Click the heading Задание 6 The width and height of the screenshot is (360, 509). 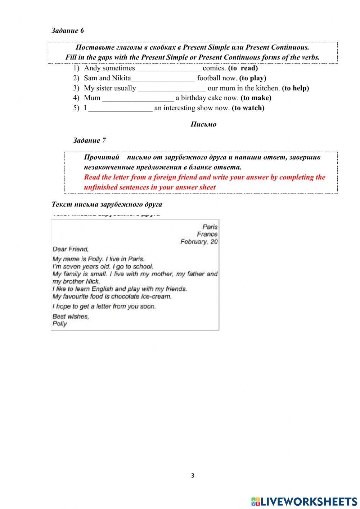coord(68,31)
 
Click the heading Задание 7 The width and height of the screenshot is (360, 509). coord(89,140)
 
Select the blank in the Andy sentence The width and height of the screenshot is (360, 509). coord(168,68)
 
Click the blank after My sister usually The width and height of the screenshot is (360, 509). coord(172,88)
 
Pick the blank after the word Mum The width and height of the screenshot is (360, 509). coord(138,98)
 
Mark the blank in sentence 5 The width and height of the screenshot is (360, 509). coord(120,108)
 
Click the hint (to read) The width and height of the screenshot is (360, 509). coord(243,68)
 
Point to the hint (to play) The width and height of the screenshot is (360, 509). coord(253,78)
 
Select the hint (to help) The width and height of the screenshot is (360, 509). coord(295,88)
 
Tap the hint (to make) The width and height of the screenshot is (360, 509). coord(256,98)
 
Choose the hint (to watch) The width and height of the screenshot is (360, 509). coord(248,108)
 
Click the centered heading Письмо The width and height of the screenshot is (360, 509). coord(203,125)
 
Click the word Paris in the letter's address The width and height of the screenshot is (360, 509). coord(210,227)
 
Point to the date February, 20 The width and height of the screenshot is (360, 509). coord(199,242)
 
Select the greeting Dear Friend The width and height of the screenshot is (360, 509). coord(71,249)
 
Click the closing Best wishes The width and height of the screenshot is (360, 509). coord(71,317)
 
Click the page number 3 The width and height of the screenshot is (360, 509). coord(193,475)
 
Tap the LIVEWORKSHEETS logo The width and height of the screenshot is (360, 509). coord(304,501)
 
